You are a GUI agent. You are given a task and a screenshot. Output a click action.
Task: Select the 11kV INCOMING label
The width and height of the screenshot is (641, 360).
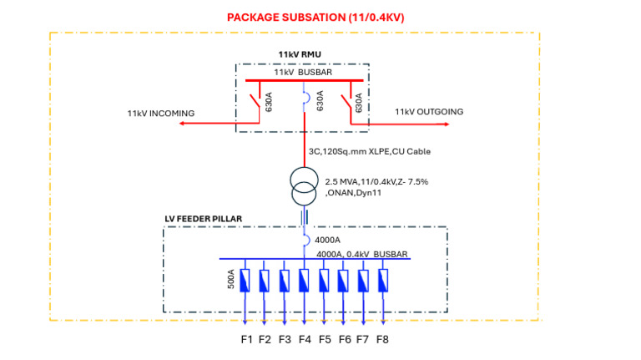pyautogui.click(x=160, y=113)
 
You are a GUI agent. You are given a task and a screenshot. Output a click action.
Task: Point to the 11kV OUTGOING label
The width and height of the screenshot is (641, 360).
pyautogui.click(x=429, y=111)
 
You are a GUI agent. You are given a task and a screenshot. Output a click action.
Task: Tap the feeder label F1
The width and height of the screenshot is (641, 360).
pyautogui.click(x=246, y=340)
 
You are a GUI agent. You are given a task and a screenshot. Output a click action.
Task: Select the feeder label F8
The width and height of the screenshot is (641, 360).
pyautogui.click(x=382, y=340)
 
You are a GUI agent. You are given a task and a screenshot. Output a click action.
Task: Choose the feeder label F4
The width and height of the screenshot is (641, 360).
pyautogui.click(x=305, y=340)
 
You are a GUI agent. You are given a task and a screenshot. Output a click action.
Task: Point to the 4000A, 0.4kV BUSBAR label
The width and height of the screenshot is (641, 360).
pyautogui.click(x=363, y=253)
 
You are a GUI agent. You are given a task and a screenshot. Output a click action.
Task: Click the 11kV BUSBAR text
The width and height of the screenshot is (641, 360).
pyautogui.click(x=303, y=72)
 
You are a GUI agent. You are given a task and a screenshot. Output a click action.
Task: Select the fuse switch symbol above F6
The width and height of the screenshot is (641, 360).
pyautogui.click(x=344, y=281)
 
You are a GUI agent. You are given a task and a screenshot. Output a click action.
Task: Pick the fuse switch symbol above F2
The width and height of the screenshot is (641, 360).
pyautogui.click(x=265, y=281)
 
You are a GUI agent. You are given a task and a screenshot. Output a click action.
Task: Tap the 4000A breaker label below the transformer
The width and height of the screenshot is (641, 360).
pyautogui.click(x=328, y=241)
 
